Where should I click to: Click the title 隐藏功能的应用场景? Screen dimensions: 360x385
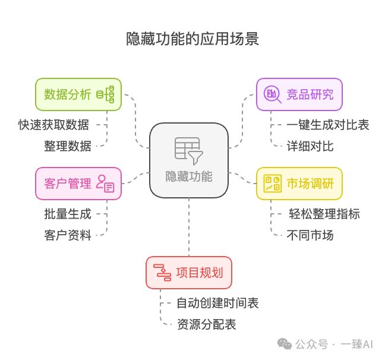click(192, 39)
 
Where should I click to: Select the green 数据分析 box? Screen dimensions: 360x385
click(78, 94)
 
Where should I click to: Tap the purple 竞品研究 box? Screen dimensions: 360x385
click(299, 94)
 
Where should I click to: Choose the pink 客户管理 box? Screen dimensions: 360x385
click(78, 184)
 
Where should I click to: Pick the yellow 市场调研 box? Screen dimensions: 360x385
click(299, 184)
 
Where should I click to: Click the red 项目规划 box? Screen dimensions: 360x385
click(189, 273)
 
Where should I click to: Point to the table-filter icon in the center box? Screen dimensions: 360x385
click(189, 150)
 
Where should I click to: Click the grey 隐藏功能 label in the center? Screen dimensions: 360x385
click(189, 176)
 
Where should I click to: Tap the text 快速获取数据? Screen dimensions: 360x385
click(53, 125)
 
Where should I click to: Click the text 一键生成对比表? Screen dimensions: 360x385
click(328, 125)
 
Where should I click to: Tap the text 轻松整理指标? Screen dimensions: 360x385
click(324, 214)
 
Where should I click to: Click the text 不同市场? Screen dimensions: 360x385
click(310, 235)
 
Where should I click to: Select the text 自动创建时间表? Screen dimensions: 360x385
click(217, 303)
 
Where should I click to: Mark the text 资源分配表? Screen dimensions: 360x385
click(207, 324)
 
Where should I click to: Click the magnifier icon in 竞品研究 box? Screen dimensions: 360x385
click(272, 94)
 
